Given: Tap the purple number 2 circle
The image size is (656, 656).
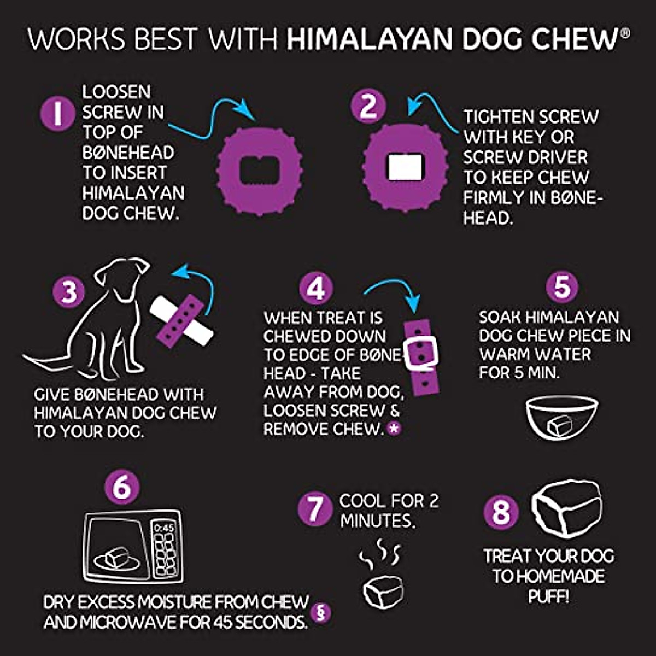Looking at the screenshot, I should pyautogui.click(x=368, y=106).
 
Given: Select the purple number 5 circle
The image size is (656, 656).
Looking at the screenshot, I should pyautogui.click(x=562, y=286).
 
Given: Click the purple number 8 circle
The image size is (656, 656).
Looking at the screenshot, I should pyautogui.click(x=501, y=512).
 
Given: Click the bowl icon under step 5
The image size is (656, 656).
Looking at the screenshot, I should pyautogui.click(x=561, y=418).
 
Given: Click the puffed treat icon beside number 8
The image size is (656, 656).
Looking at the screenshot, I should pyautogui.click(x=567, y=509).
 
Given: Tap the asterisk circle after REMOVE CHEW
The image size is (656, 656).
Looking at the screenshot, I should pyautogui.click(x=394, y=429).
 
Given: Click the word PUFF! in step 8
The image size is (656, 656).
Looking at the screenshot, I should pyautogui.click(x=548, y=595).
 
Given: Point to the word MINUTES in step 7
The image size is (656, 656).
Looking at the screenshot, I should pyautogui.click(x=377, y=520).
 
